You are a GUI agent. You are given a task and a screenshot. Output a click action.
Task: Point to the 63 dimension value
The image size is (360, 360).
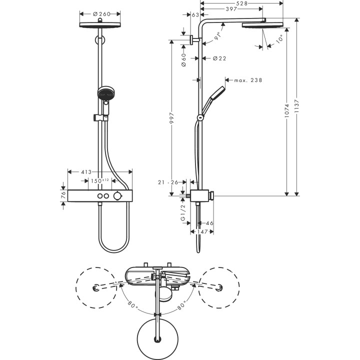(x=195, y=15)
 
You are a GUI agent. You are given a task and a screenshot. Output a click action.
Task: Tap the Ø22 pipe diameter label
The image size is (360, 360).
(x=219, y=58)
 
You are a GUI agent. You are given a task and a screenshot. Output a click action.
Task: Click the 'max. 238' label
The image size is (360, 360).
(x=244, y=80)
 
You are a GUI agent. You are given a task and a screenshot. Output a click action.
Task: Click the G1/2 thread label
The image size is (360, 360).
(x=183, y=212)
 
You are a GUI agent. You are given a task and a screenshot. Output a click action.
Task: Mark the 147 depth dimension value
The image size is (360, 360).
(x=202, y=232)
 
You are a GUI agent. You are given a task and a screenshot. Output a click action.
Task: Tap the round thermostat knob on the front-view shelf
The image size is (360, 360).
(x=117, y=196)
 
